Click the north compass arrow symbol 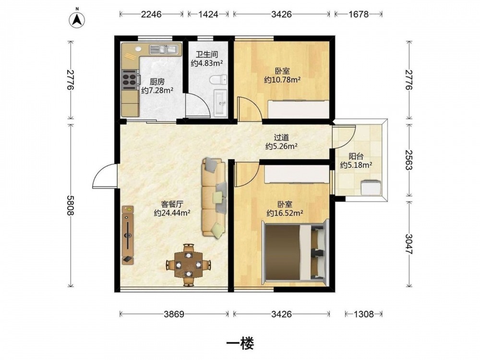point(77,20)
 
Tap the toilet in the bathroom point(218,80)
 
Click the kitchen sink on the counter point(164,49)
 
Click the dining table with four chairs point(189,264)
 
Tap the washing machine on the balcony point(371,188)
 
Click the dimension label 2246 point(151,14)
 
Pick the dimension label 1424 point(208,14)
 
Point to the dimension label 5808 point(71,205)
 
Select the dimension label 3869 point(174,314)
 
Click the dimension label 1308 point(364,314)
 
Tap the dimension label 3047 point(409,244)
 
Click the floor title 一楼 point(240,344)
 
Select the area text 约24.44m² point(172,213)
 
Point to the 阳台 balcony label point(356,156)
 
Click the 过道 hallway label point(281,138)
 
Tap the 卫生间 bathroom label point(207,55)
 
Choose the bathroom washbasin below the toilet point(220,103)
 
